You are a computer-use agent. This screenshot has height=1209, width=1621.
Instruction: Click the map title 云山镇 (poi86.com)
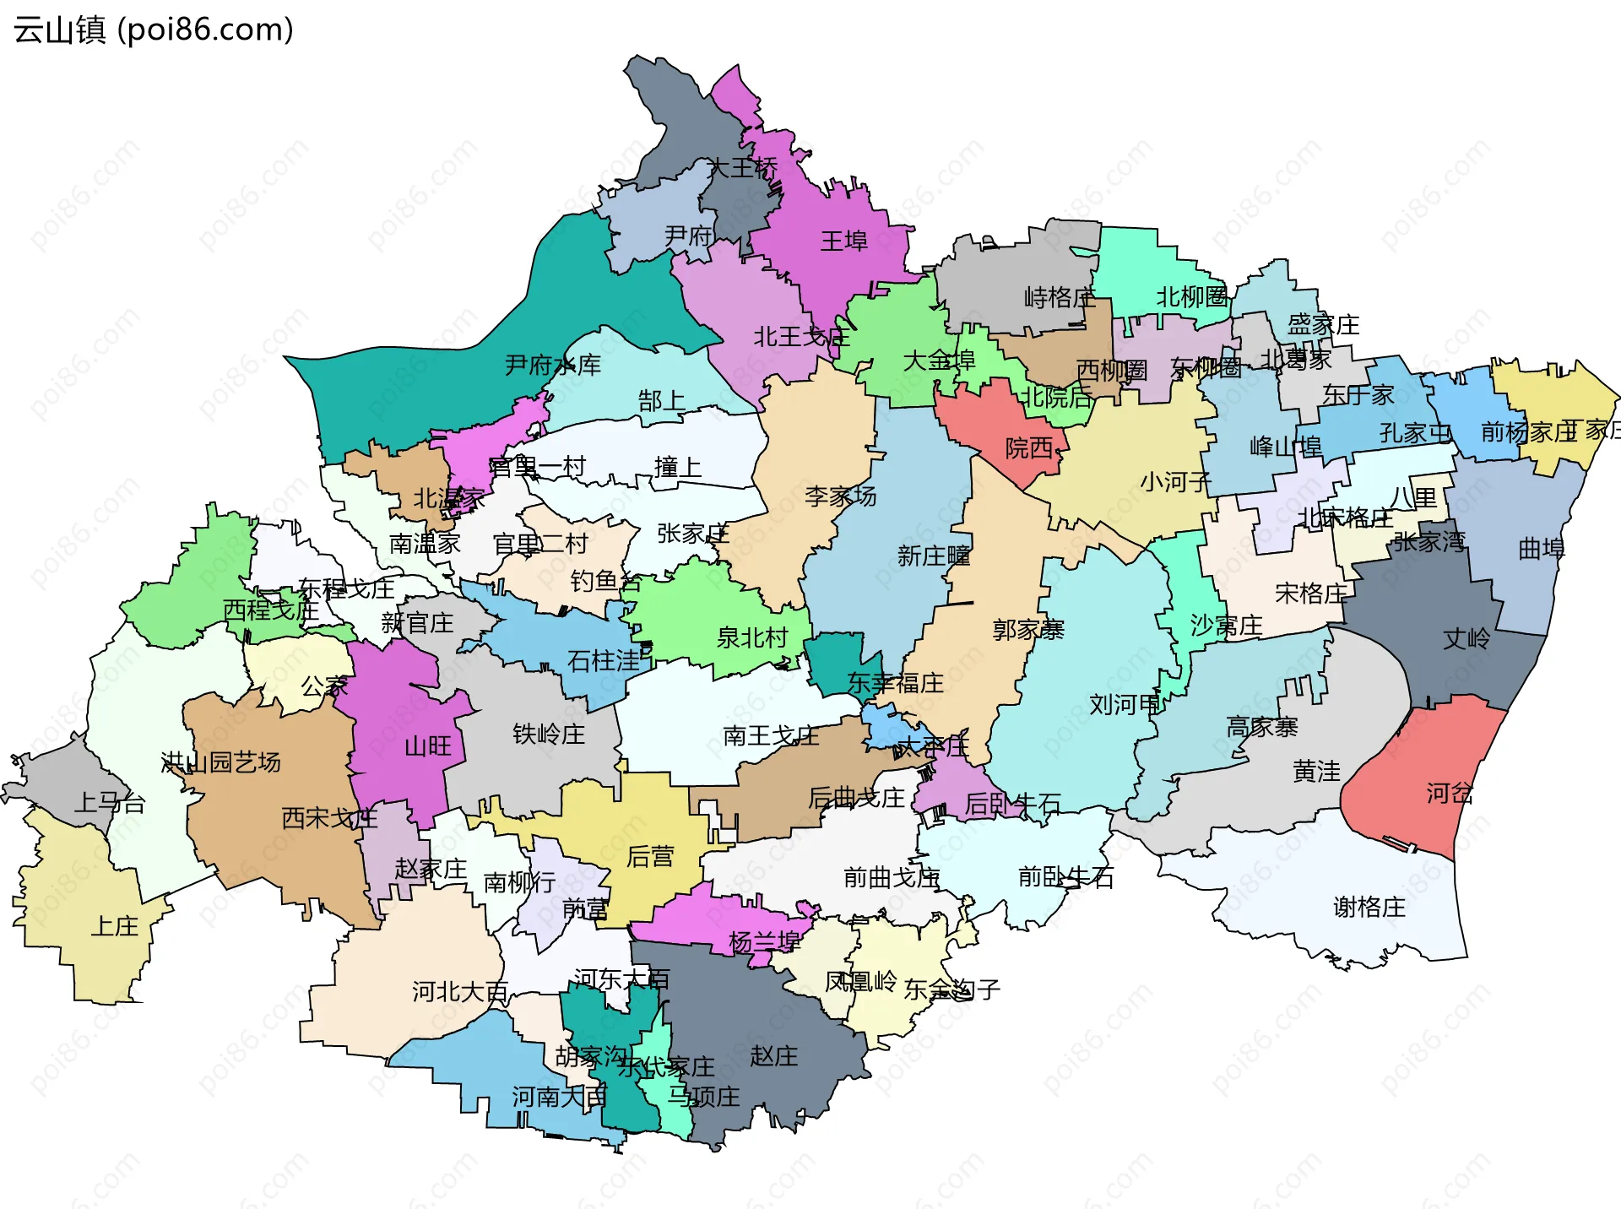tap(154, 30)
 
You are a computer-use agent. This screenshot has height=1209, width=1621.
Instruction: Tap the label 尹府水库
tap(552, 366)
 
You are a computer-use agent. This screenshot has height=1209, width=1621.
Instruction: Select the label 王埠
tap(843, 241)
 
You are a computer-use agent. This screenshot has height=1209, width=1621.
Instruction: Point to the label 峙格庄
tap(1059, 297)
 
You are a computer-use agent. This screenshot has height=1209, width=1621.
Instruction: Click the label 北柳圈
tap(1191, 297)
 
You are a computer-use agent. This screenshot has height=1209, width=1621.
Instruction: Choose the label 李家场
tap(840, 496)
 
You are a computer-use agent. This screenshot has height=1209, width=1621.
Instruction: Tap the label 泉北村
tap(751, 637)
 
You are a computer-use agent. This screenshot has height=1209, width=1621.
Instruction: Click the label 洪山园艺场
tap(220, 762)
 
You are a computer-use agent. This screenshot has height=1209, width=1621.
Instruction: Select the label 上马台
tap(110, 802)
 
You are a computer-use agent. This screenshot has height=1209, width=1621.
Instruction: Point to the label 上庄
tap(115, 926)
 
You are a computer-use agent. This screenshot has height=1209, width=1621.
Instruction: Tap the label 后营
tap(650, 857)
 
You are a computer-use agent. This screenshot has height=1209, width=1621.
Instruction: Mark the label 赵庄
tap(773, 1056)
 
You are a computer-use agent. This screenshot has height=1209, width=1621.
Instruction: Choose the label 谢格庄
tap(1369, 908)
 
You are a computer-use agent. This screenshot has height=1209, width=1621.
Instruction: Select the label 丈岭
tap(1466, 638)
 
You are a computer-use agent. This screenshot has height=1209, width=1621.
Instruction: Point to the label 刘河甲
tap(1125, 704)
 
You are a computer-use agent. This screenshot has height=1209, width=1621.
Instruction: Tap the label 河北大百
tap(459, 991)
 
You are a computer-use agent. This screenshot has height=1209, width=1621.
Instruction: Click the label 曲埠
tap(1541, 550)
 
